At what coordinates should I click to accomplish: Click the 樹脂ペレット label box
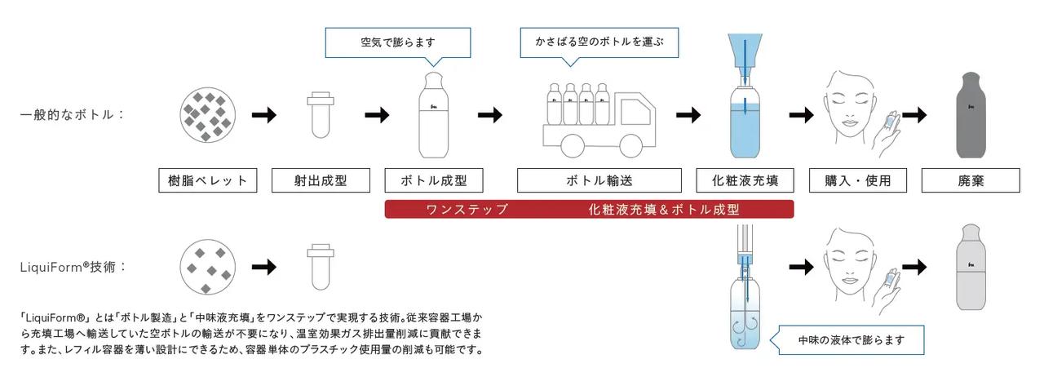coord(207,181)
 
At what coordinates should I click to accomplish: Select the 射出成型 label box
coord(320,181)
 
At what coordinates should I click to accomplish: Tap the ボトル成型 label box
coord(433,181)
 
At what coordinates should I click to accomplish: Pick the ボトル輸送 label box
coord(599,181)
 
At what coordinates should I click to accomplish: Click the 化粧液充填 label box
coord(745,181)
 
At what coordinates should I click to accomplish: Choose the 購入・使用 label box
coord(856,181)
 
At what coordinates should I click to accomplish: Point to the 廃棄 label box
coord(971,181)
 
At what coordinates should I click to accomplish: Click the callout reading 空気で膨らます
coord(398,42)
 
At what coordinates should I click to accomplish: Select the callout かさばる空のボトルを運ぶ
coord(599,42)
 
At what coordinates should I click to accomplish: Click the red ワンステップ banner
coord(589,210)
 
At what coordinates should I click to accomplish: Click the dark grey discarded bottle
coord(971,114)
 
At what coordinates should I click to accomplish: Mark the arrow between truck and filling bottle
coord(688,115)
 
